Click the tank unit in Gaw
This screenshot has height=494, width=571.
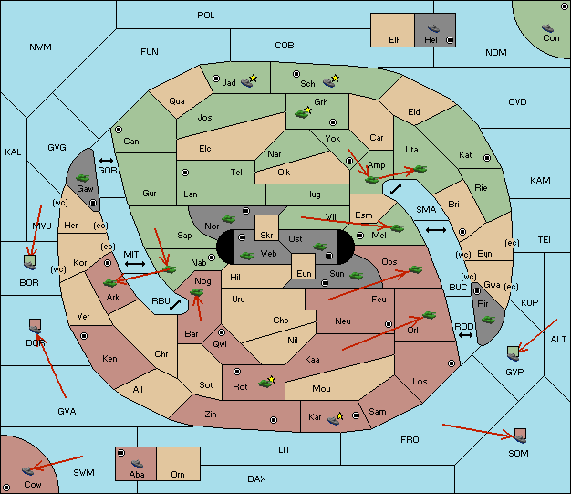pos(83,178)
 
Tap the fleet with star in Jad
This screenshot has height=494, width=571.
pos(249,81)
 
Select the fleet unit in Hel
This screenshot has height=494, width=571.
pos(433,28)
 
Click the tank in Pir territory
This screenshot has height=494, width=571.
pos(488,320)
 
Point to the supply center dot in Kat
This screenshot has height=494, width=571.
pos(487,158)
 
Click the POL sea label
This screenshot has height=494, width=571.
pos(206,16)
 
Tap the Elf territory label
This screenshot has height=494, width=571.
pos(394,40)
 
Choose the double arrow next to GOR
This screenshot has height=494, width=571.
pos(106,161)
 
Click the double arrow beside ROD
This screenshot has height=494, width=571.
pos(465,335)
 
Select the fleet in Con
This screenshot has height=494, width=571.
pos(547,28)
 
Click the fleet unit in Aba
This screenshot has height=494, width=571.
pos(137,464)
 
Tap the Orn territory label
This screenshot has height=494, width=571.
pos(178,474)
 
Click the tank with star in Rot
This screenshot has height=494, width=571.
pos(266,382)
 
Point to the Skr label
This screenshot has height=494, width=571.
pos(266,236)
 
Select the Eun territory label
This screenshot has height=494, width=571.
pos(304,273)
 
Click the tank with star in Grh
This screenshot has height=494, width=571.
pos(303,112)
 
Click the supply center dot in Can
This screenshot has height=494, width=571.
pos(119,130)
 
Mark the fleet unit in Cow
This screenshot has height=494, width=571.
pos(27,470)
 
